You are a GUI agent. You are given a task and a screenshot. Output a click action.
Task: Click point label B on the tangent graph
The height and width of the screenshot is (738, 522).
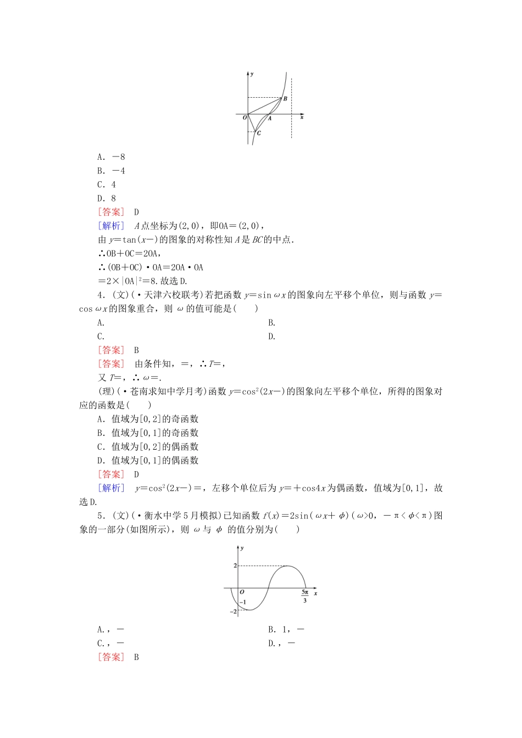[x=285, y=99]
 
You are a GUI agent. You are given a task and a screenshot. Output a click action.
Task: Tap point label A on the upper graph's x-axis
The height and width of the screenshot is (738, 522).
[x=270, y=119]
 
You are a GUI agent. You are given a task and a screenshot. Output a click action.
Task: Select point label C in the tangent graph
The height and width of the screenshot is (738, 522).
[x=259, y=133]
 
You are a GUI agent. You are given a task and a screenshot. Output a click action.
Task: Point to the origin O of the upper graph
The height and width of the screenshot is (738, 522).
[x=245, y=117]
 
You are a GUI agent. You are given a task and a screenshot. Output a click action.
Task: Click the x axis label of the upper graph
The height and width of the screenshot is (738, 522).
[x=302, y=117]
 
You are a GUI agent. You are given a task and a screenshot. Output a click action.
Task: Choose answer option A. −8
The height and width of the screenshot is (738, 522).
[x=111, y=157]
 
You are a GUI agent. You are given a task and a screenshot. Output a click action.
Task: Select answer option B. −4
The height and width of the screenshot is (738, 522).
[x=111, y=171]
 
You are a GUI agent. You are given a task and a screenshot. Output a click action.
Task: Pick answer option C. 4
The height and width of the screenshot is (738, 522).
[x=107, y=185]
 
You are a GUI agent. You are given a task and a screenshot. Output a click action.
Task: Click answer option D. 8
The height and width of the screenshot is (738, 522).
[x=107, y=198]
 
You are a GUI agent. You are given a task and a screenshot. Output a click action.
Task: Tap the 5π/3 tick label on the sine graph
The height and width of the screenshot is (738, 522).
[x=305, y=596]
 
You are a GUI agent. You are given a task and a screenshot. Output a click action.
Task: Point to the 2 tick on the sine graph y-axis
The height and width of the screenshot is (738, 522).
[x=235, y=566]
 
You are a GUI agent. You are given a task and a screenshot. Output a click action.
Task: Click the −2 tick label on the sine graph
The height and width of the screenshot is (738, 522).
[x=234, y=611]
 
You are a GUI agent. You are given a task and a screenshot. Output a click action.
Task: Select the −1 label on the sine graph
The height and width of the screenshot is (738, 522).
[x=243, y=602]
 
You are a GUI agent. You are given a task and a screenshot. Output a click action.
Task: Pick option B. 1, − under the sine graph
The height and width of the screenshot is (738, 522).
[x=286, y=630]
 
